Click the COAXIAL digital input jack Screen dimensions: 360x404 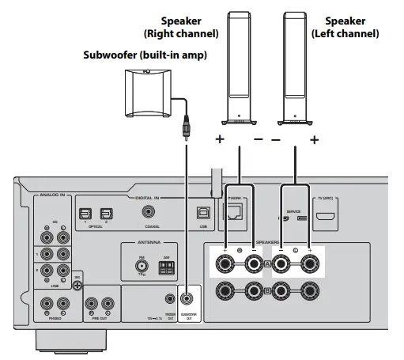(149, 211)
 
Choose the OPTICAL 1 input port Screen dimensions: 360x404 (85, 211)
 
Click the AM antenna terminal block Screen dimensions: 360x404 (167, 268)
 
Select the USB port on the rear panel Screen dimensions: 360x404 (202, 211)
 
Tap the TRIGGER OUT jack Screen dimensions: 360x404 (168, 299)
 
